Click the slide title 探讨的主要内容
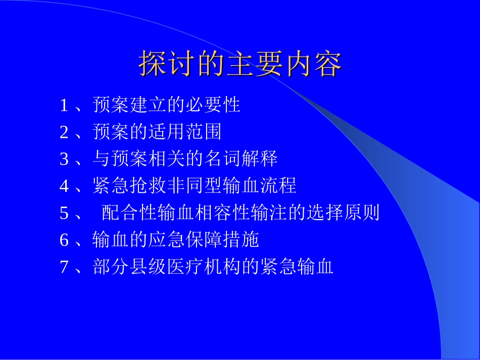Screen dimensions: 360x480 (x=240, y=64)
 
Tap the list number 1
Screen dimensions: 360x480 (x=64, y=106)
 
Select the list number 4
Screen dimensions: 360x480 (x=64, y=186)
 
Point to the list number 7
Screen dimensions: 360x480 (x=64, y=267)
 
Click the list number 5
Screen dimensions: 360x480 (x=64, y=214)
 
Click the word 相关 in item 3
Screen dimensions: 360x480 (x=167, y=160)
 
